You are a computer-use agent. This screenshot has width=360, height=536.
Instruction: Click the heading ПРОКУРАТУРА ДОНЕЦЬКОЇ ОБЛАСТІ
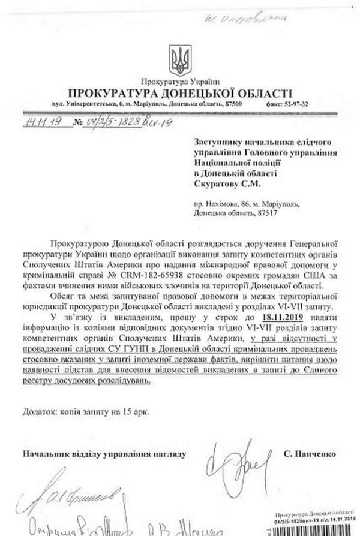pyautogui.click(x=179, y=93)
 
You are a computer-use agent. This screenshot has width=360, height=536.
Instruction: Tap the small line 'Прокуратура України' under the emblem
pyautogui.click(x=179, y=81)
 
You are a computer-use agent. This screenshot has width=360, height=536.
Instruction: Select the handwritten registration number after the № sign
pyautogui.click(x=116, y=122)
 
